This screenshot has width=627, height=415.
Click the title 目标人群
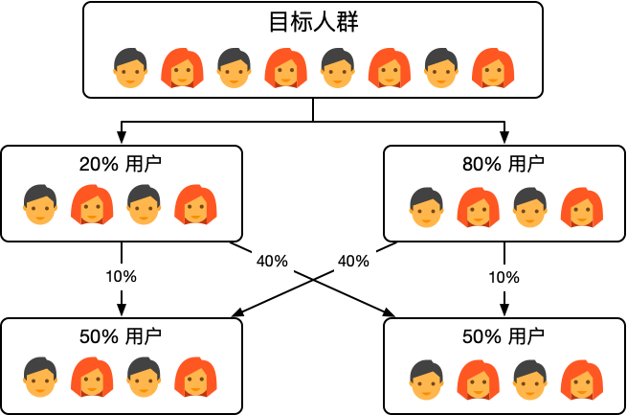click(313, 22)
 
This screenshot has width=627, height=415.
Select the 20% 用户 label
click(122, 164)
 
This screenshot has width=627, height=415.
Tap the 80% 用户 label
click(504, 164)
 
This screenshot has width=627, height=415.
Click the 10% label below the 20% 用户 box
click(122, 276)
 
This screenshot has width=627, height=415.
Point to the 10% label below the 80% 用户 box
click(504, 277)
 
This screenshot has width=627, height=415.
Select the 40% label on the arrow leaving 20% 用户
click(272, 260)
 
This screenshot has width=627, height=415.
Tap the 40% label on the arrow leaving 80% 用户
click(354, 260)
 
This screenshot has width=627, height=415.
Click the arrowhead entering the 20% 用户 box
click(122, 140)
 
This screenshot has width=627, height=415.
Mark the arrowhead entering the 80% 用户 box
click(504, 140)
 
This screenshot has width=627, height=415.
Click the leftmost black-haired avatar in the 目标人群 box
click(129, 67)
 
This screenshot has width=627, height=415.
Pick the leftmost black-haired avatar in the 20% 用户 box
click(39, 204)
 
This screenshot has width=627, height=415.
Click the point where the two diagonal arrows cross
click(313, 277)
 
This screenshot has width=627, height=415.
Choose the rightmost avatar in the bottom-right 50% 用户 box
click(579, 379)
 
